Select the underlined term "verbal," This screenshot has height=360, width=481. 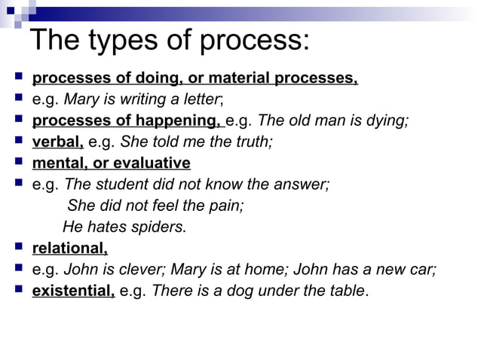click(x=58, y=141)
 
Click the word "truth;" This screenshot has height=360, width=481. click(x=249, y=141)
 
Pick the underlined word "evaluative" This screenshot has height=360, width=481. click(x=153, y=162)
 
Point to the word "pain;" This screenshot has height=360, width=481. click(x=226, y=205)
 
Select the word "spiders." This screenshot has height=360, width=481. click(x=158, y=226)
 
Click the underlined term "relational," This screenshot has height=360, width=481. click(x=70, y=248)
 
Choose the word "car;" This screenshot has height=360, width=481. click(x=421, y=269)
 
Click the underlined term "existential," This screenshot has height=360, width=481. click(x=73, y=290)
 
